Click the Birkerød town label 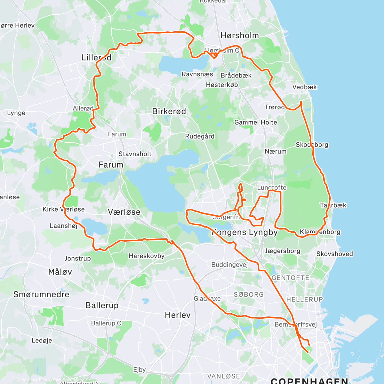click(169, 111)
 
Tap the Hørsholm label click(240, 36)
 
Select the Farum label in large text click(111, 165)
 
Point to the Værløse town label click(124, 212)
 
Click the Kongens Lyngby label click(245, 232)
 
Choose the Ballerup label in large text click(102, 305)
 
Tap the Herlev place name click(178, 315)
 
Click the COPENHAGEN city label click(309, 380)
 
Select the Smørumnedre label click(41, 294)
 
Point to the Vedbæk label click(304, 87)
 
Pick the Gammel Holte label click(256, 122)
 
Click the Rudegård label click(200, 136)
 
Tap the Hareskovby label click(147, 256)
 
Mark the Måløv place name click(60, 272)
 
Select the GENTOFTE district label click(290, 278)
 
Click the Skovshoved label click(334, 254)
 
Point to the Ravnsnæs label click(197, 74)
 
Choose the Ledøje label click(42, 340)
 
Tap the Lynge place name click(16, 113)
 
